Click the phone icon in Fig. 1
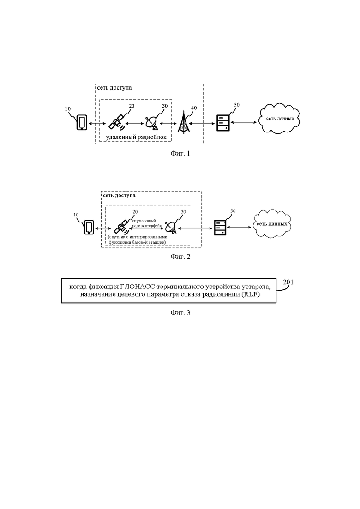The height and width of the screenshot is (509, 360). click(82, 122)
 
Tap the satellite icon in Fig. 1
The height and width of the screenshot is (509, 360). click(116, 122)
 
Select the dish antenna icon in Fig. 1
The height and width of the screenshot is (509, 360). click(151, 123)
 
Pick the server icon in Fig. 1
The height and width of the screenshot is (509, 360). click(223, 122)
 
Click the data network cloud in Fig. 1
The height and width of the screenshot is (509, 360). click(280, 119)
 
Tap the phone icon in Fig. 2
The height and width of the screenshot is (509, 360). click(89, 227)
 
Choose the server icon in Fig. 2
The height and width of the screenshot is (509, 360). click(220, 228)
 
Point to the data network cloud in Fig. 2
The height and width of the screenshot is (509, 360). click(272, 224)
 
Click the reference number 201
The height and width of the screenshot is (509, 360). click(288, 282)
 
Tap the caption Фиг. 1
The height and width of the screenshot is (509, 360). click(180, 154)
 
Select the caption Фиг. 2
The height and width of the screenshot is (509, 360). click(180, 257)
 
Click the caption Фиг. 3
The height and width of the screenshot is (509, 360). click(180, 313)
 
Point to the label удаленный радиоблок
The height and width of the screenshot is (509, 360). click(136, 137)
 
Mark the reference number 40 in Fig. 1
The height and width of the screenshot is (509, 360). click(194, 108)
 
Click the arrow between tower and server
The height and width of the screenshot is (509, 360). click(202, 123)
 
